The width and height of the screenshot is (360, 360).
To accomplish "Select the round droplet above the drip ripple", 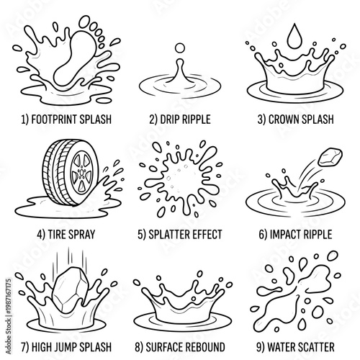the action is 180,48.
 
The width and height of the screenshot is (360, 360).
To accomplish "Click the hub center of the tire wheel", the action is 82,172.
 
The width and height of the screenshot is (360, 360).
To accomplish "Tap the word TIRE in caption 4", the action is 57,234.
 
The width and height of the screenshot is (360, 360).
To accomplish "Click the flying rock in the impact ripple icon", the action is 330,158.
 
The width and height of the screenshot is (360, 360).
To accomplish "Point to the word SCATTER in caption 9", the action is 316,347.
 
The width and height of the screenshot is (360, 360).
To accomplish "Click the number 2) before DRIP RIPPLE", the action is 153,120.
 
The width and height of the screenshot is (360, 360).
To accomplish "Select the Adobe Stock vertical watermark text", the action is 9,316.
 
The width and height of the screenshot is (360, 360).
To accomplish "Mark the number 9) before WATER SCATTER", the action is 261,347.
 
